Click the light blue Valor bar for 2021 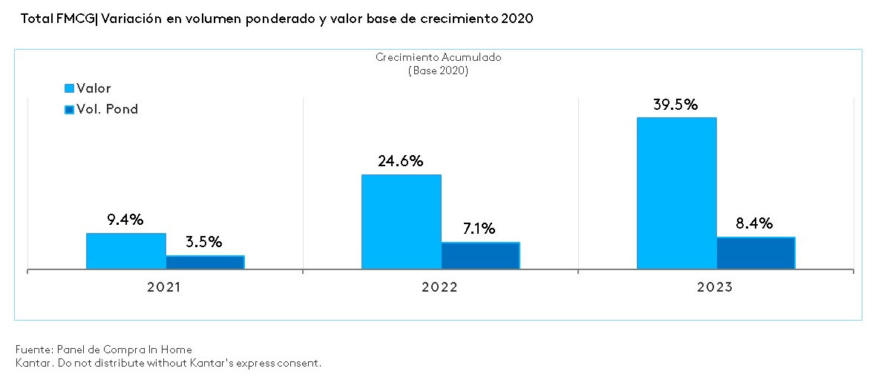point(125,251)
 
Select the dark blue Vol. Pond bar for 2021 point(205,262)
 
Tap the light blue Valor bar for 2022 point(401,221)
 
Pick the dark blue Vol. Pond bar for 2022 point(480,255)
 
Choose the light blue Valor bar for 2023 point(676,193)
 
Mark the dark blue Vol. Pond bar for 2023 point(756,253)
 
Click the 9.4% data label point(125,220)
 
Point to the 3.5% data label point(203,243)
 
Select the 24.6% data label point(400,161)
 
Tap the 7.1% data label point(479,229)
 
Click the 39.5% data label point(675,105)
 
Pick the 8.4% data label point(754,223)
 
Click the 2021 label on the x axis point(165,287)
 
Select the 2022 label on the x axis point(439,287)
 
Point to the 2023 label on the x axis point(715,287)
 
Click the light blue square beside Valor point(70,89)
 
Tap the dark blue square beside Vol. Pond point(70,110)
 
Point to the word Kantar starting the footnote point(32,363)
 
